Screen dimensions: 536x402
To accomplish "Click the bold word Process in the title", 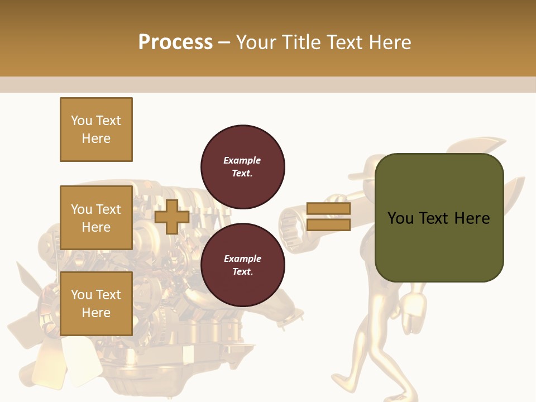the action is pos(175,42).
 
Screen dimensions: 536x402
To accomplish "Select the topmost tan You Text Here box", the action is pos(96,130).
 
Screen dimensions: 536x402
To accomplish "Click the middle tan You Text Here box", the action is pos(96,218).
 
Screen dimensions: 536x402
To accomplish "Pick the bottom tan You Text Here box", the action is pos(96,303).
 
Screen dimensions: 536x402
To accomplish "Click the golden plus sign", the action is pos(172,217).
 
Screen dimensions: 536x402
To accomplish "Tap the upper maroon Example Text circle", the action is pos(242,166).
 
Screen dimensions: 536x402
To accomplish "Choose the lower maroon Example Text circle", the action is pos(242,265).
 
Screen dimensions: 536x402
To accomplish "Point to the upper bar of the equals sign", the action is pos(328,208).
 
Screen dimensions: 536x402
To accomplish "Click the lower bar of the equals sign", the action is pos(328,224).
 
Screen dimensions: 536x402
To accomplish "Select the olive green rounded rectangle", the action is pos(439,217).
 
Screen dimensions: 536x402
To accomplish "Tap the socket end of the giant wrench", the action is pos(291,220).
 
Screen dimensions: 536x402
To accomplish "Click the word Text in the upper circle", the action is pos(242,173).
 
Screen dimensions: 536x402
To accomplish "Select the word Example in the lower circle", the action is pos(242,259).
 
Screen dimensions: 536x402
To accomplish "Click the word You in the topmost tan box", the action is pos(82,121).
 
